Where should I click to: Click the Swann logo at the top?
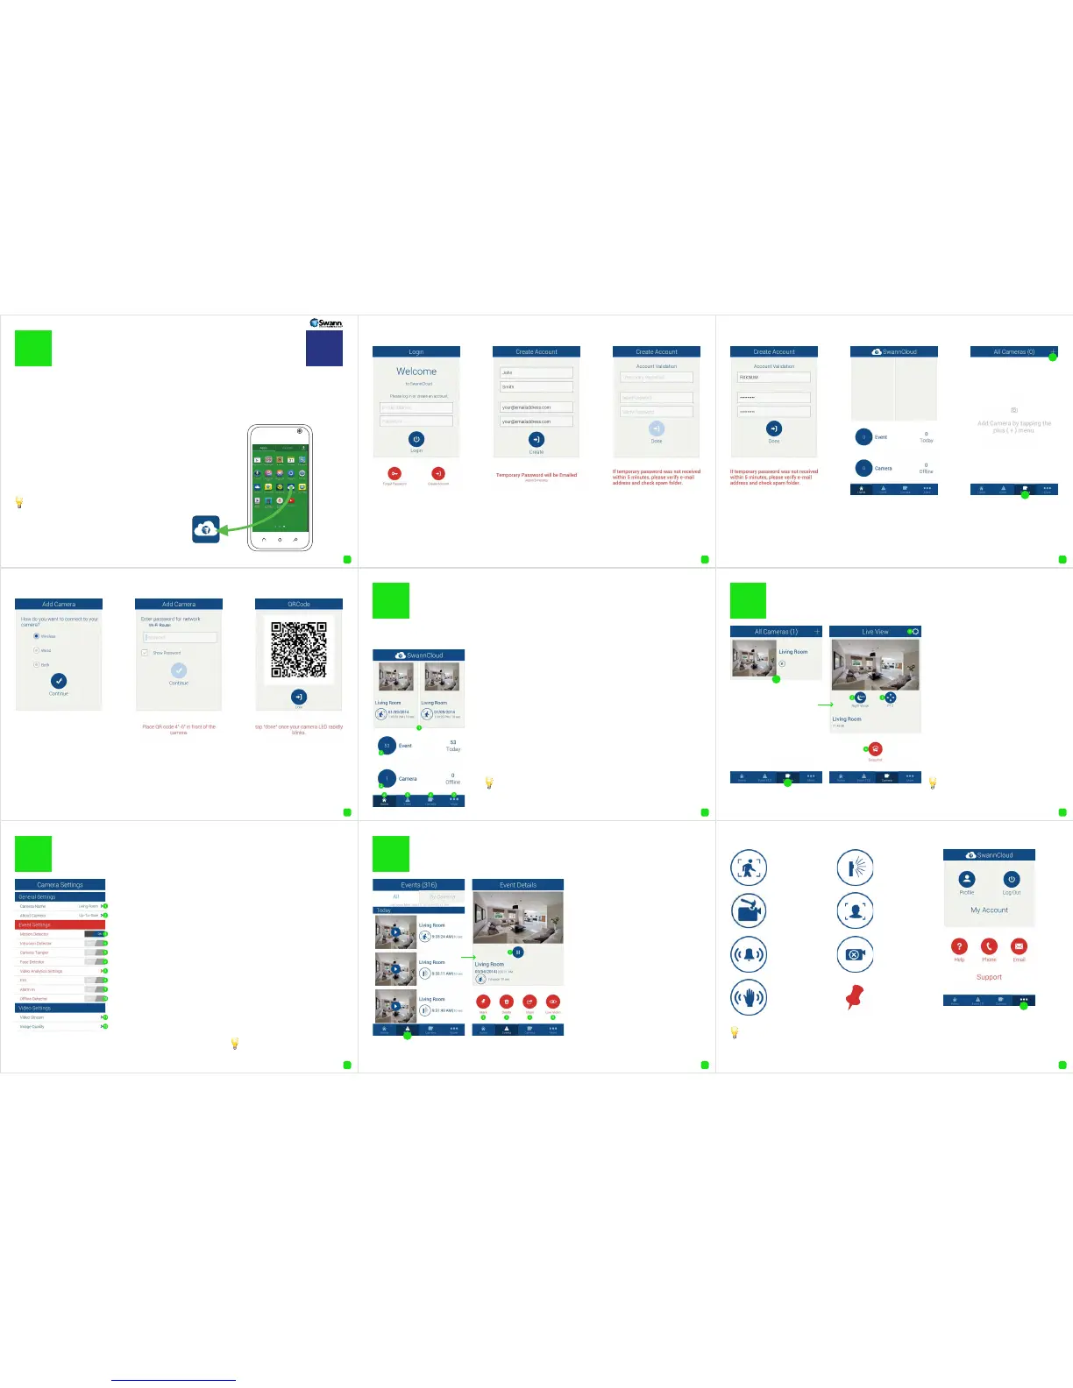325,323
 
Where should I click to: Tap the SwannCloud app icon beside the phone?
206,528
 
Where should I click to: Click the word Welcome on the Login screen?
416,372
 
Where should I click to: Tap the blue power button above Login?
416,439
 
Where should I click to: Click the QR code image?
299,649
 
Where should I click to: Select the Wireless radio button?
36,636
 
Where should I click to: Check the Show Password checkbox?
145,653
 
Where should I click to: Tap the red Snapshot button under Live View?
875,749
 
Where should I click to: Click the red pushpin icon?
855,996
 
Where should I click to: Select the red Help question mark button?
959,946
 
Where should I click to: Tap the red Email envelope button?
1019,946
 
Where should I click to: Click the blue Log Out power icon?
1012,879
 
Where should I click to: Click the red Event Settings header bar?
60,924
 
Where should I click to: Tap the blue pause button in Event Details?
518,952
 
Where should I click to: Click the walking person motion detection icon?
749,867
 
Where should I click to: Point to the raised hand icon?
749,996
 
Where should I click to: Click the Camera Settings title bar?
60,884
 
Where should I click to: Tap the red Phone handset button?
989,946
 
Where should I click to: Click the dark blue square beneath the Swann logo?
324,348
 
